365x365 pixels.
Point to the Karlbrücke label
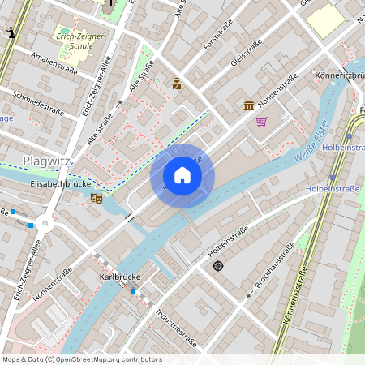point(120,277)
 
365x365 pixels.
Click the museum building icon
point(248,105)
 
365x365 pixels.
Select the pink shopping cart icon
point(261,122)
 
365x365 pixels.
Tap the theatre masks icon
point(97,197)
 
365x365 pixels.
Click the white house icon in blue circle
point(182,175)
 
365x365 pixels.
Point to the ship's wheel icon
point(217,265)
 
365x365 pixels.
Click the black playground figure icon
point(11,32)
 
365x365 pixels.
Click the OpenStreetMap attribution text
point(81,359)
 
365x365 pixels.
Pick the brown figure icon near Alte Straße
point(176,83)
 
